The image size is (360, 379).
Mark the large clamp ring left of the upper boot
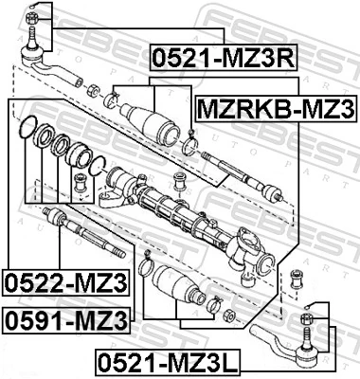[x=113, y=99]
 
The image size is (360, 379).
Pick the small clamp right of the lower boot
[x=216, y=305]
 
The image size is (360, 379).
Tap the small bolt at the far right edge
[x=298, y=277]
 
